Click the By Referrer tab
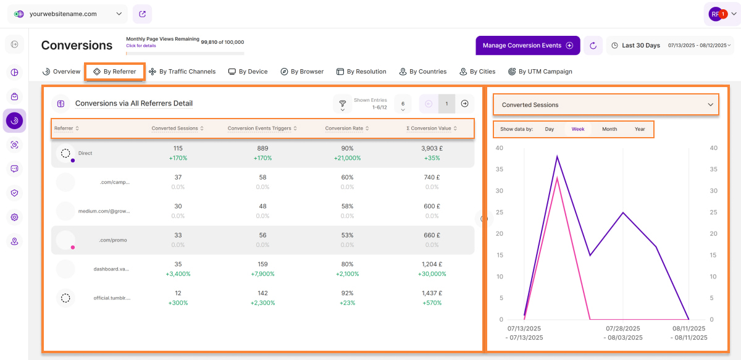point(115,72)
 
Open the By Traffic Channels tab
point(182,72)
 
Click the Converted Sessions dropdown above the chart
point(606,105)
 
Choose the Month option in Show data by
point(609,129)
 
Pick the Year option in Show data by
point(640,129)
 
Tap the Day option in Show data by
point(550,129)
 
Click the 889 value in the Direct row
point(262,149)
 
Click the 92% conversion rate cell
point(348,293)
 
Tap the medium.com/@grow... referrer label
point(104,211)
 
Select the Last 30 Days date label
point(640,46)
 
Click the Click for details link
point(141,46)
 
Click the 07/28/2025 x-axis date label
point(623,329)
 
